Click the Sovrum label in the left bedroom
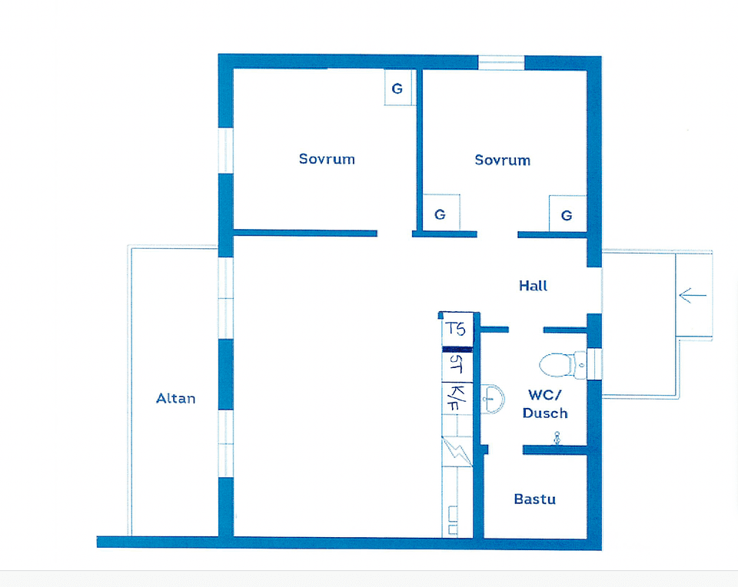point(327,159)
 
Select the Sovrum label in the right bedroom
point(502,160)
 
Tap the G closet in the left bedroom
point(397,88)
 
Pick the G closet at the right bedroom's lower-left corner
point(440,214)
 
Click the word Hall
point(533,285)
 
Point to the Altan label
point(175,398)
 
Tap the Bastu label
point(534,499)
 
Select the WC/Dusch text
point(545,404)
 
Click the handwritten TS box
point(457,330)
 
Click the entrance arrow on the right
point(693,294)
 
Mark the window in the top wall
point(501,62)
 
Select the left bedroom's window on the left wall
point(225,151)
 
